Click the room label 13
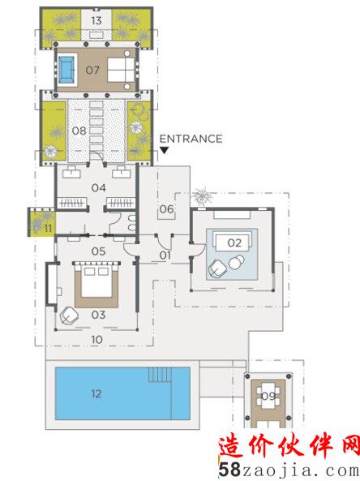point(96,20)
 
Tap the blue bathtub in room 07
point(66,70)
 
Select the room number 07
point(92,71)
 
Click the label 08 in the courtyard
point(79,131)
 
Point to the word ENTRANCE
point(191,139)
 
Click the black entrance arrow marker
point(165,150)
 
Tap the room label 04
point(99,187)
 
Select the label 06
point(166,209)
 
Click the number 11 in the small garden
point(48,229)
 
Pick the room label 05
point(98,251)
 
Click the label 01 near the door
point(165,256)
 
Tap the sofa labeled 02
point(233,242)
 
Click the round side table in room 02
point(236,263)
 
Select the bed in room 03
point(96,281)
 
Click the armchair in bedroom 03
point(69,316)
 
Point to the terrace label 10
point(97,340)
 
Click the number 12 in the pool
point(96,393)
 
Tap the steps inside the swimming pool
point(160,375)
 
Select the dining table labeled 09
point(268,396)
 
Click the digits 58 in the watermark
point(229,470)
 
